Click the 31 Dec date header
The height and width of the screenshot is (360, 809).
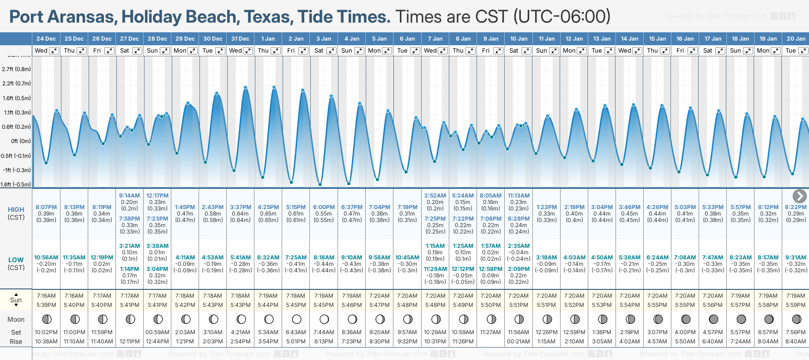[240, 39]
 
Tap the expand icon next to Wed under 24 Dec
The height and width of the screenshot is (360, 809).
[54, 51]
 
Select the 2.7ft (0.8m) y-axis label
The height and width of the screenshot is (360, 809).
[17, 69]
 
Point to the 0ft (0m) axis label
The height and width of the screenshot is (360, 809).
[21, 141]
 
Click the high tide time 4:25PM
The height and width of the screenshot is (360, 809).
[268, 207]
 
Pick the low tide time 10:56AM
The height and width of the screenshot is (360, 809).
[46, 258]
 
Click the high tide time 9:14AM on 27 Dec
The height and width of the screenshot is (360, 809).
[129, 196]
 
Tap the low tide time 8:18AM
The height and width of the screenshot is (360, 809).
[324, 258]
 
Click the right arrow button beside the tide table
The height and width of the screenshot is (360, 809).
[799, 196]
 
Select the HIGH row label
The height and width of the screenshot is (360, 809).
[16, 210]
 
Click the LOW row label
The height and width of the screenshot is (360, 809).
[16, 260]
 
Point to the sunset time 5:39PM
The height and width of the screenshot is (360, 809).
[46, 305]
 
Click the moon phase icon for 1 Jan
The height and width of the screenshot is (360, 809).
[269, 319]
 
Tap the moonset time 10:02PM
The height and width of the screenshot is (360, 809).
[46, 332]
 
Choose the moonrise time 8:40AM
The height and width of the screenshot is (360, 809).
[796, 342]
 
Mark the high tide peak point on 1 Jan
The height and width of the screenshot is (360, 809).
[274, 87]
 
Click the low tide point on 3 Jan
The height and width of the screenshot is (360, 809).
[320, 184]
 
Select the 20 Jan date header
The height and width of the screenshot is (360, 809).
[796, 39]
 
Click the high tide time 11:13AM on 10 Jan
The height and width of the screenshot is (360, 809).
[519, 196]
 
